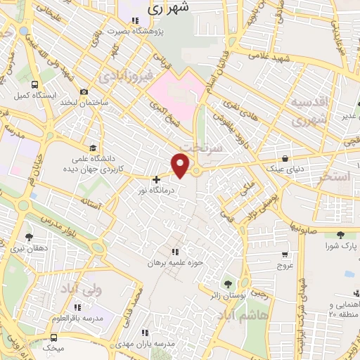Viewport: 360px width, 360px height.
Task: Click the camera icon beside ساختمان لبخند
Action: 84,92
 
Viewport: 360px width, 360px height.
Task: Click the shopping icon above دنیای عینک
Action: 283,158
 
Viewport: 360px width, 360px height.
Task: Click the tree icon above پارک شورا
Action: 341,236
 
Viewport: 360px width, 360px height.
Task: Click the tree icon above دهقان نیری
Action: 28,237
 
